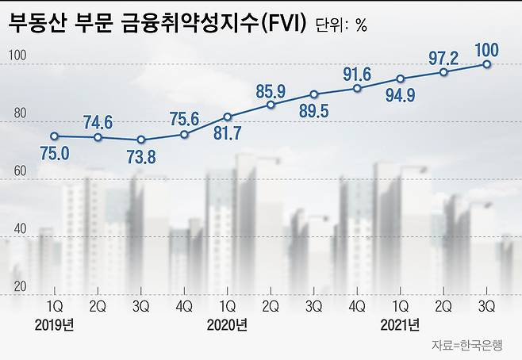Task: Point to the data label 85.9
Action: [271, 90]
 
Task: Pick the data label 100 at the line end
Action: [487, 50]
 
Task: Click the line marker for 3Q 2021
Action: [487, 64]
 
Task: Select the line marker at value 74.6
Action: [98, 138]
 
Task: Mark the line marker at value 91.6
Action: [357, 88]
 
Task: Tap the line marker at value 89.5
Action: [314, 94]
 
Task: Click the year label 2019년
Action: [54, 324]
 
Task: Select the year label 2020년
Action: [227, 324]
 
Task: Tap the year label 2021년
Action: [401, 324]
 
